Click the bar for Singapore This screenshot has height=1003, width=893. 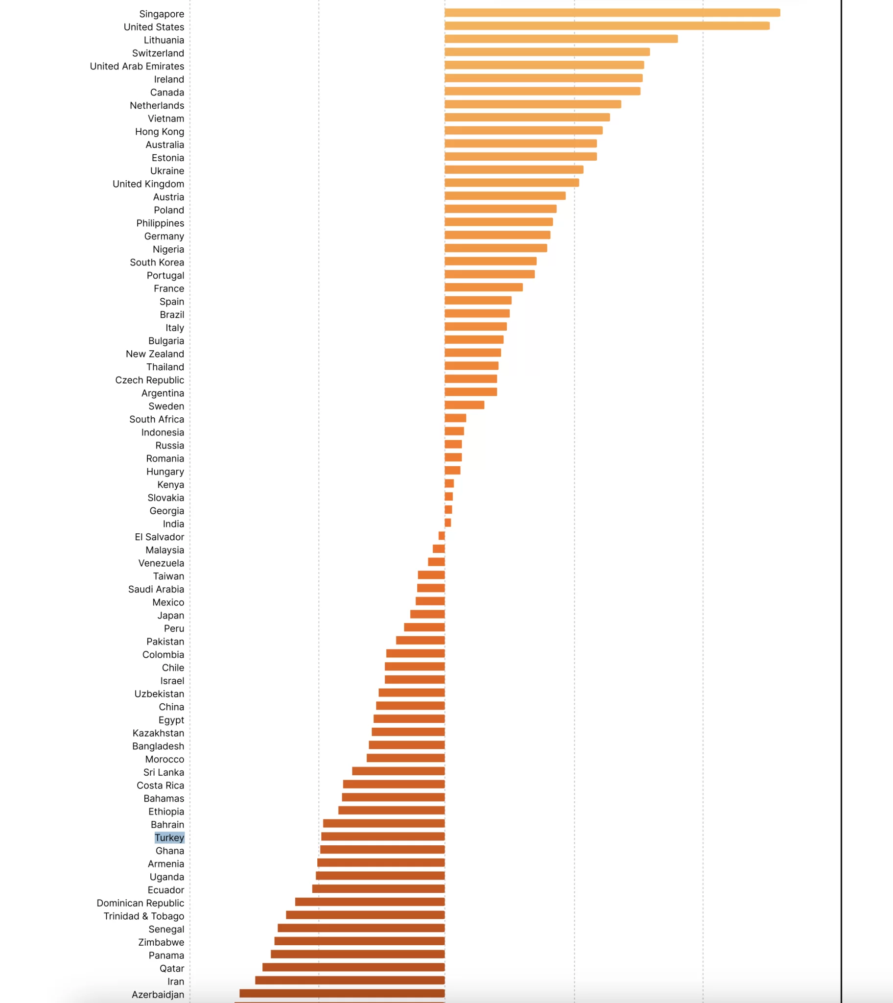612,13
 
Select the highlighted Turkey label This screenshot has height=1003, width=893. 169,837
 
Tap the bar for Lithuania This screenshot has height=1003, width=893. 561,39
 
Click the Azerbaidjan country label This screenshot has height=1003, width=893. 158,994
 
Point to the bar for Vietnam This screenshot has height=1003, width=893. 527,117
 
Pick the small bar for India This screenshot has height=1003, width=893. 447,523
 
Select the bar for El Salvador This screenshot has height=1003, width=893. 442,536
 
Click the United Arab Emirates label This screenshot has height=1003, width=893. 137,66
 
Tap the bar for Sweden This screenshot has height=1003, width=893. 464,405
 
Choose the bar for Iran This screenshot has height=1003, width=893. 350,980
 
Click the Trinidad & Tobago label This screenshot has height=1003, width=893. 144,916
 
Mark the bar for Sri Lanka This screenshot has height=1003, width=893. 399,771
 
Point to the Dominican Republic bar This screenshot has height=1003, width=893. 370,902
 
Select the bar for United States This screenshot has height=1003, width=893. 607,25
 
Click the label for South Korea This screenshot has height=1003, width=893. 157,263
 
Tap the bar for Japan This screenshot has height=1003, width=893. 427,614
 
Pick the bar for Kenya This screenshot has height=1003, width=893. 449,483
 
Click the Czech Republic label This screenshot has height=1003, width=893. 150,381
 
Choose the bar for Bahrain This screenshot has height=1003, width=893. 384,823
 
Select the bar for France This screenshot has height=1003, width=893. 483,287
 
